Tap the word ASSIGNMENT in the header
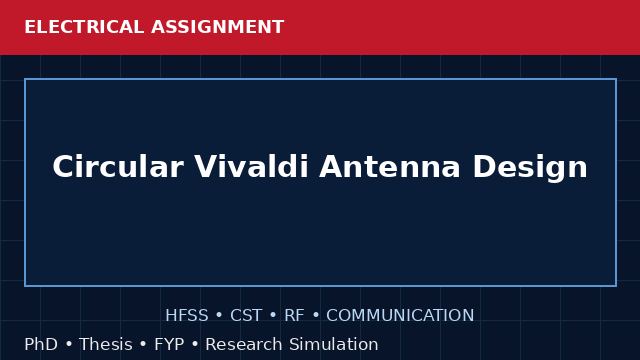click(218, 27)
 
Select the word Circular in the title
click(118, 167)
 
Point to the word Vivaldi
click(251, 167)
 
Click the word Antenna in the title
click(390, 167)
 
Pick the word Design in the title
click(530, 167)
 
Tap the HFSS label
click(187, 315)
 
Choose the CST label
click(246, 315)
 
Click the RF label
click(294, 315)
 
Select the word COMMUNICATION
click(400, 315)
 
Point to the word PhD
click(41, 344)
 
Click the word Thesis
click(106, 344)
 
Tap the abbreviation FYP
click(169, 344)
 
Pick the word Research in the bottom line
click(244, 344)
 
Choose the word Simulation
click(334, 344)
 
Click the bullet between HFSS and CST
click(219, 316)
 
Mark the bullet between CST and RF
click(273, 316)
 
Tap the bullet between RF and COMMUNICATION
click(316, 316)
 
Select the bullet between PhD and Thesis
click(69, 344)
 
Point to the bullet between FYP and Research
click(195, 344)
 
